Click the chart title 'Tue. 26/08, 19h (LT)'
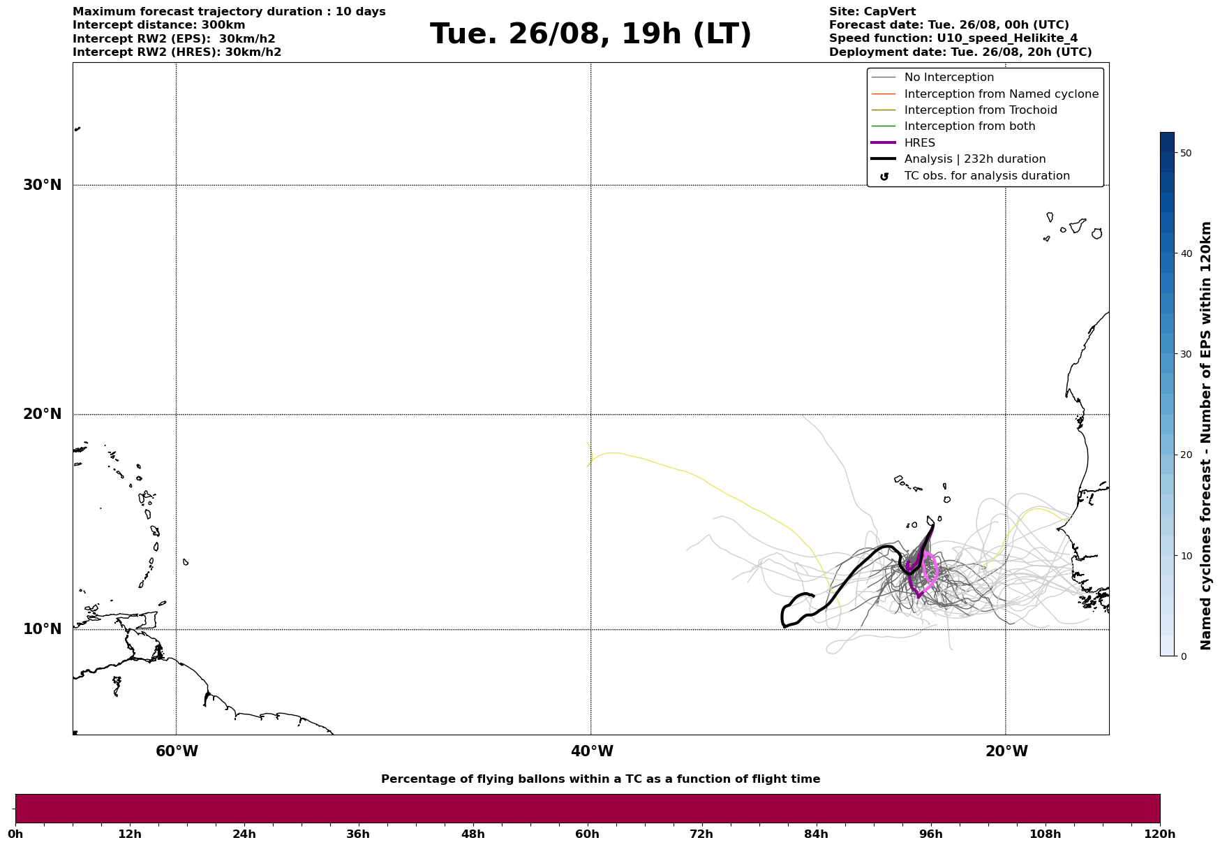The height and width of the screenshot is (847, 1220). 590,34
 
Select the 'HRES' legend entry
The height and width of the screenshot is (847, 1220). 919,143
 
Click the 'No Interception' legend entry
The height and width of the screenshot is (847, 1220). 949,78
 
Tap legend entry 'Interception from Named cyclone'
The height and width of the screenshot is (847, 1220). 1001,94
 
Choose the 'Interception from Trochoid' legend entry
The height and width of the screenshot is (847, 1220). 980,110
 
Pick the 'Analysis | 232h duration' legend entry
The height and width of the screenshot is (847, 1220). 974,159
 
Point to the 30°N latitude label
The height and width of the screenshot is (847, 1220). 43,185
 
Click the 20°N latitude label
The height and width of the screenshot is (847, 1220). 43,414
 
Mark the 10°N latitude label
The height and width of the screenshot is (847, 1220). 43,629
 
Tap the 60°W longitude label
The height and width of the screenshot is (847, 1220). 177,751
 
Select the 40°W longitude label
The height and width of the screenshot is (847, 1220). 592,751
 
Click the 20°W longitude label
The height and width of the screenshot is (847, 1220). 1006,751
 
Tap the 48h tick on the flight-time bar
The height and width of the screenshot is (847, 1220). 473,834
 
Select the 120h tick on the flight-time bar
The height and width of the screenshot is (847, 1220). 1159,834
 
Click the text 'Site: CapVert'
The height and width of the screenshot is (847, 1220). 872,12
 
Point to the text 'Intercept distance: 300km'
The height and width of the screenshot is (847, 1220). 158,25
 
